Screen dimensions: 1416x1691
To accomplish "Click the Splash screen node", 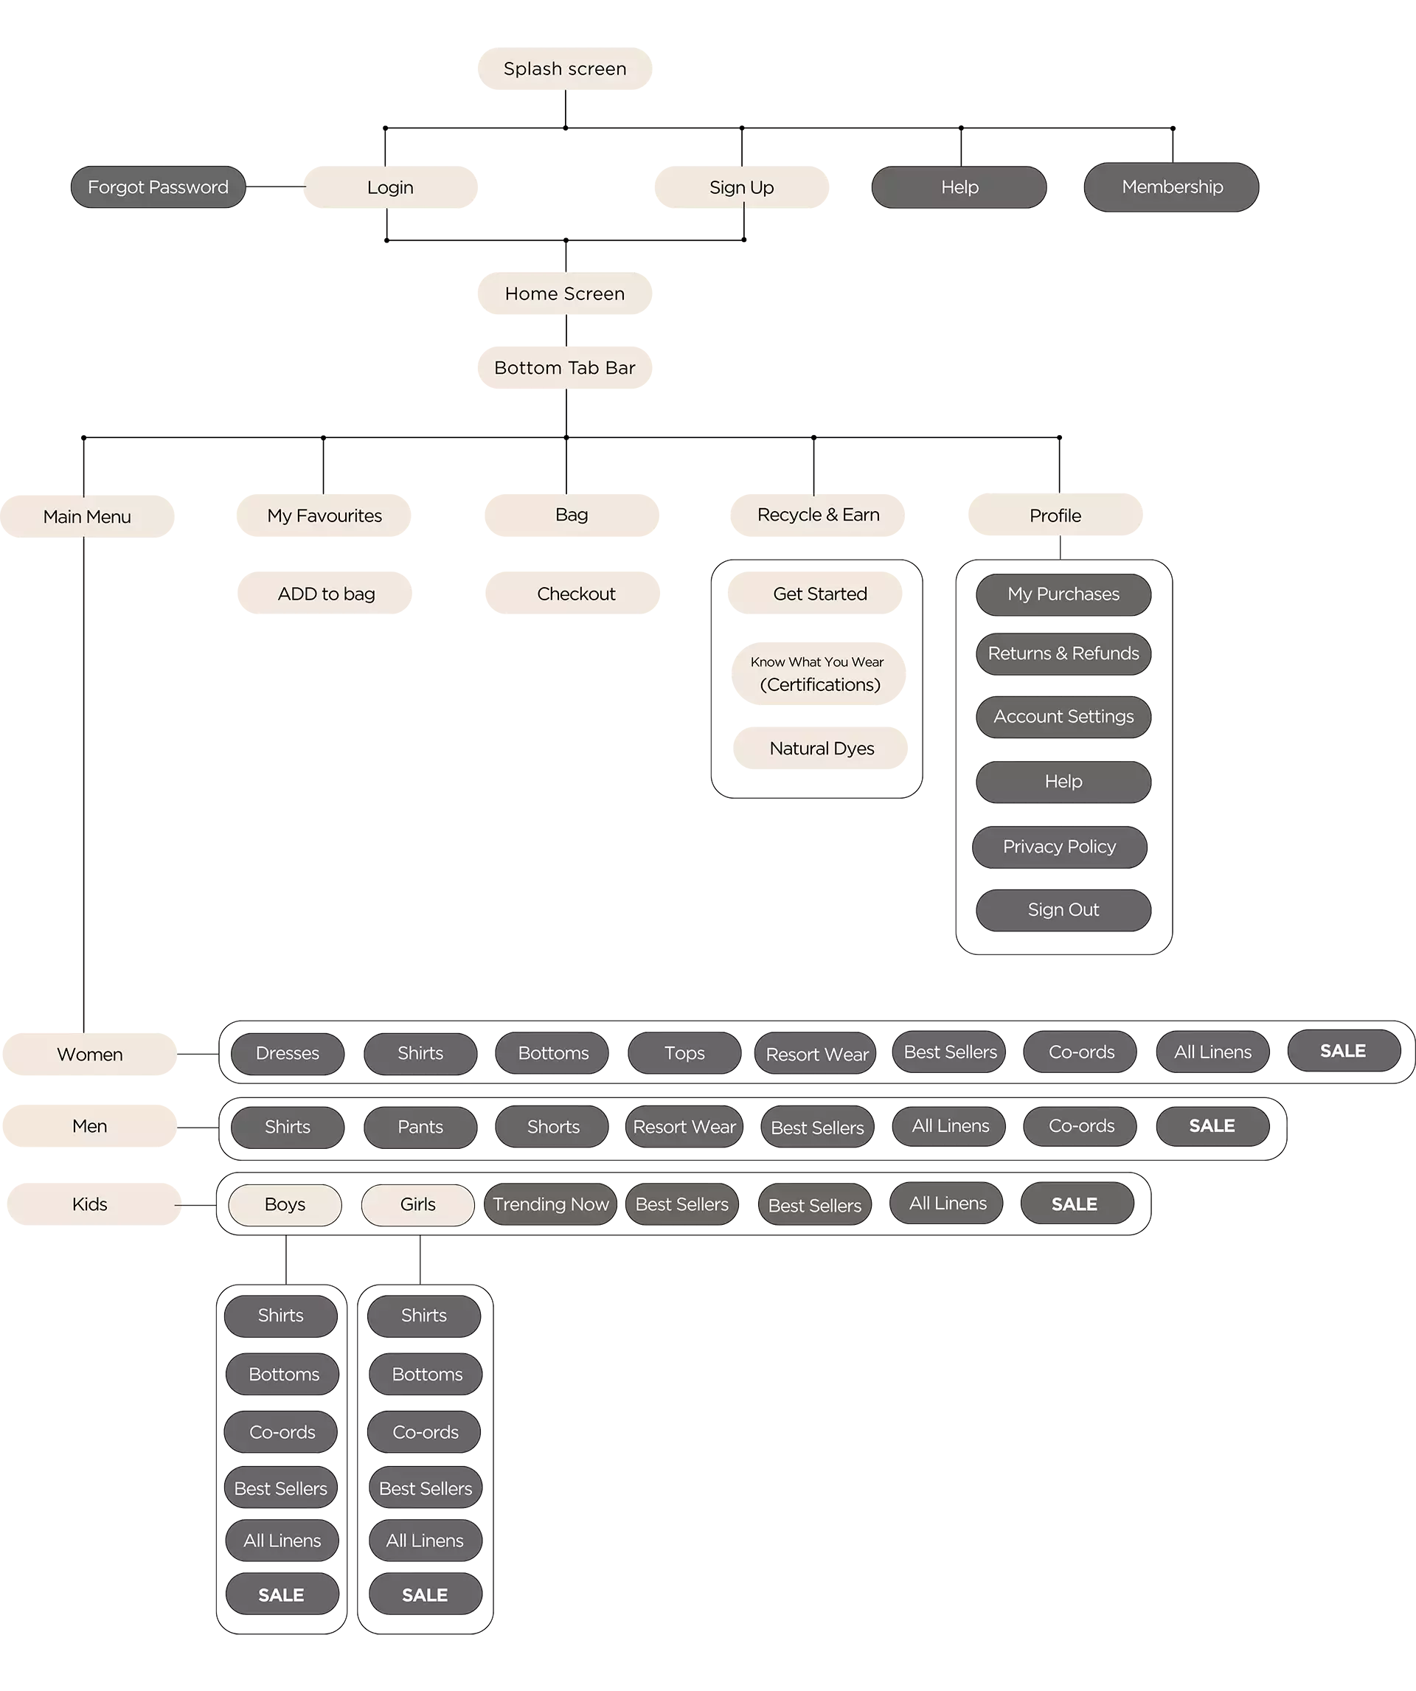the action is click(x=565, y=69).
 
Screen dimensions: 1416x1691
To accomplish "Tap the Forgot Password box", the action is click(x=158, y=187).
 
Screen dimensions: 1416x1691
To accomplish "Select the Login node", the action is click(x=390, y=187).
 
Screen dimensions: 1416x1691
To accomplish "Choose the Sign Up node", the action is click(x=741, y=187).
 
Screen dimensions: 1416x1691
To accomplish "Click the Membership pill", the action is click(x=1172, y=187).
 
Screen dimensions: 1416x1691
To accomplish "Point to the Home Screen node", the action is click(x=565, y=294).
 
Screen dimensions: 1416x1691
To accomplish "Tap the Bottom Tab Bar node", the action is click(x=565, y=368).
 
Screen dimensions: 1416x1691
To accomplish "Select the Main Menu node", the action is click(x=87, y=517).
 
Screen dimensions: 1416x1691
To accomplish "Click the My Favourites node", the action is click(x=324, y=515).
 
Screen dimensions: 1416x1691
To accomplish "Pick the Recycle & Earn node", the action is click(x=819, y=515).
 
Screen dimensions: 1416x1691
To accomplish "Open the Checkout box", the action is click(x=576, y=594).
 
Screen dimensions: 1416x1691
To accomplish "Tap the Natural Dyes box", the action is click(x=822, y=749).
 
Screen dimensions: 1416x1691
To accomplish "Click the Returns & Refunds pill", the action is click(x=1063, y=654).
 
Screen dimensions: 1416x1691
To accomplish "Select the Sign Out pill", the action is click(x=1063, y=910).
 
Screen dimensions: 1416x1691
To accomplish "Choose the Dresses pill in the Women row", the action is click(x=288, y=1053).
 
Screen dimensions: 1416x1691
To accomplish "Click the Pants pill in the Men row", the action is click(x=420, y=1128).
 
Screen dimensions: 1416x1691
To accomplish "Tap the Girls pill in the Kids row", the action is click(x=418, y=1204).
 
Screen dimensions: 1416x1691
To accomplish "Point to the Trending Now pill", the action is click(x=551, y=1204).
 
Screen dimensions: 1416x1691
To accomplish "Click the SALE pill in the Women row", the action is click(x=1343, y=1052).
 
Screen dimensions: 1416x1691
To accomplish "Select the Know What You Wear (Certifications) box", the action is click(x=820, y=673).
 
